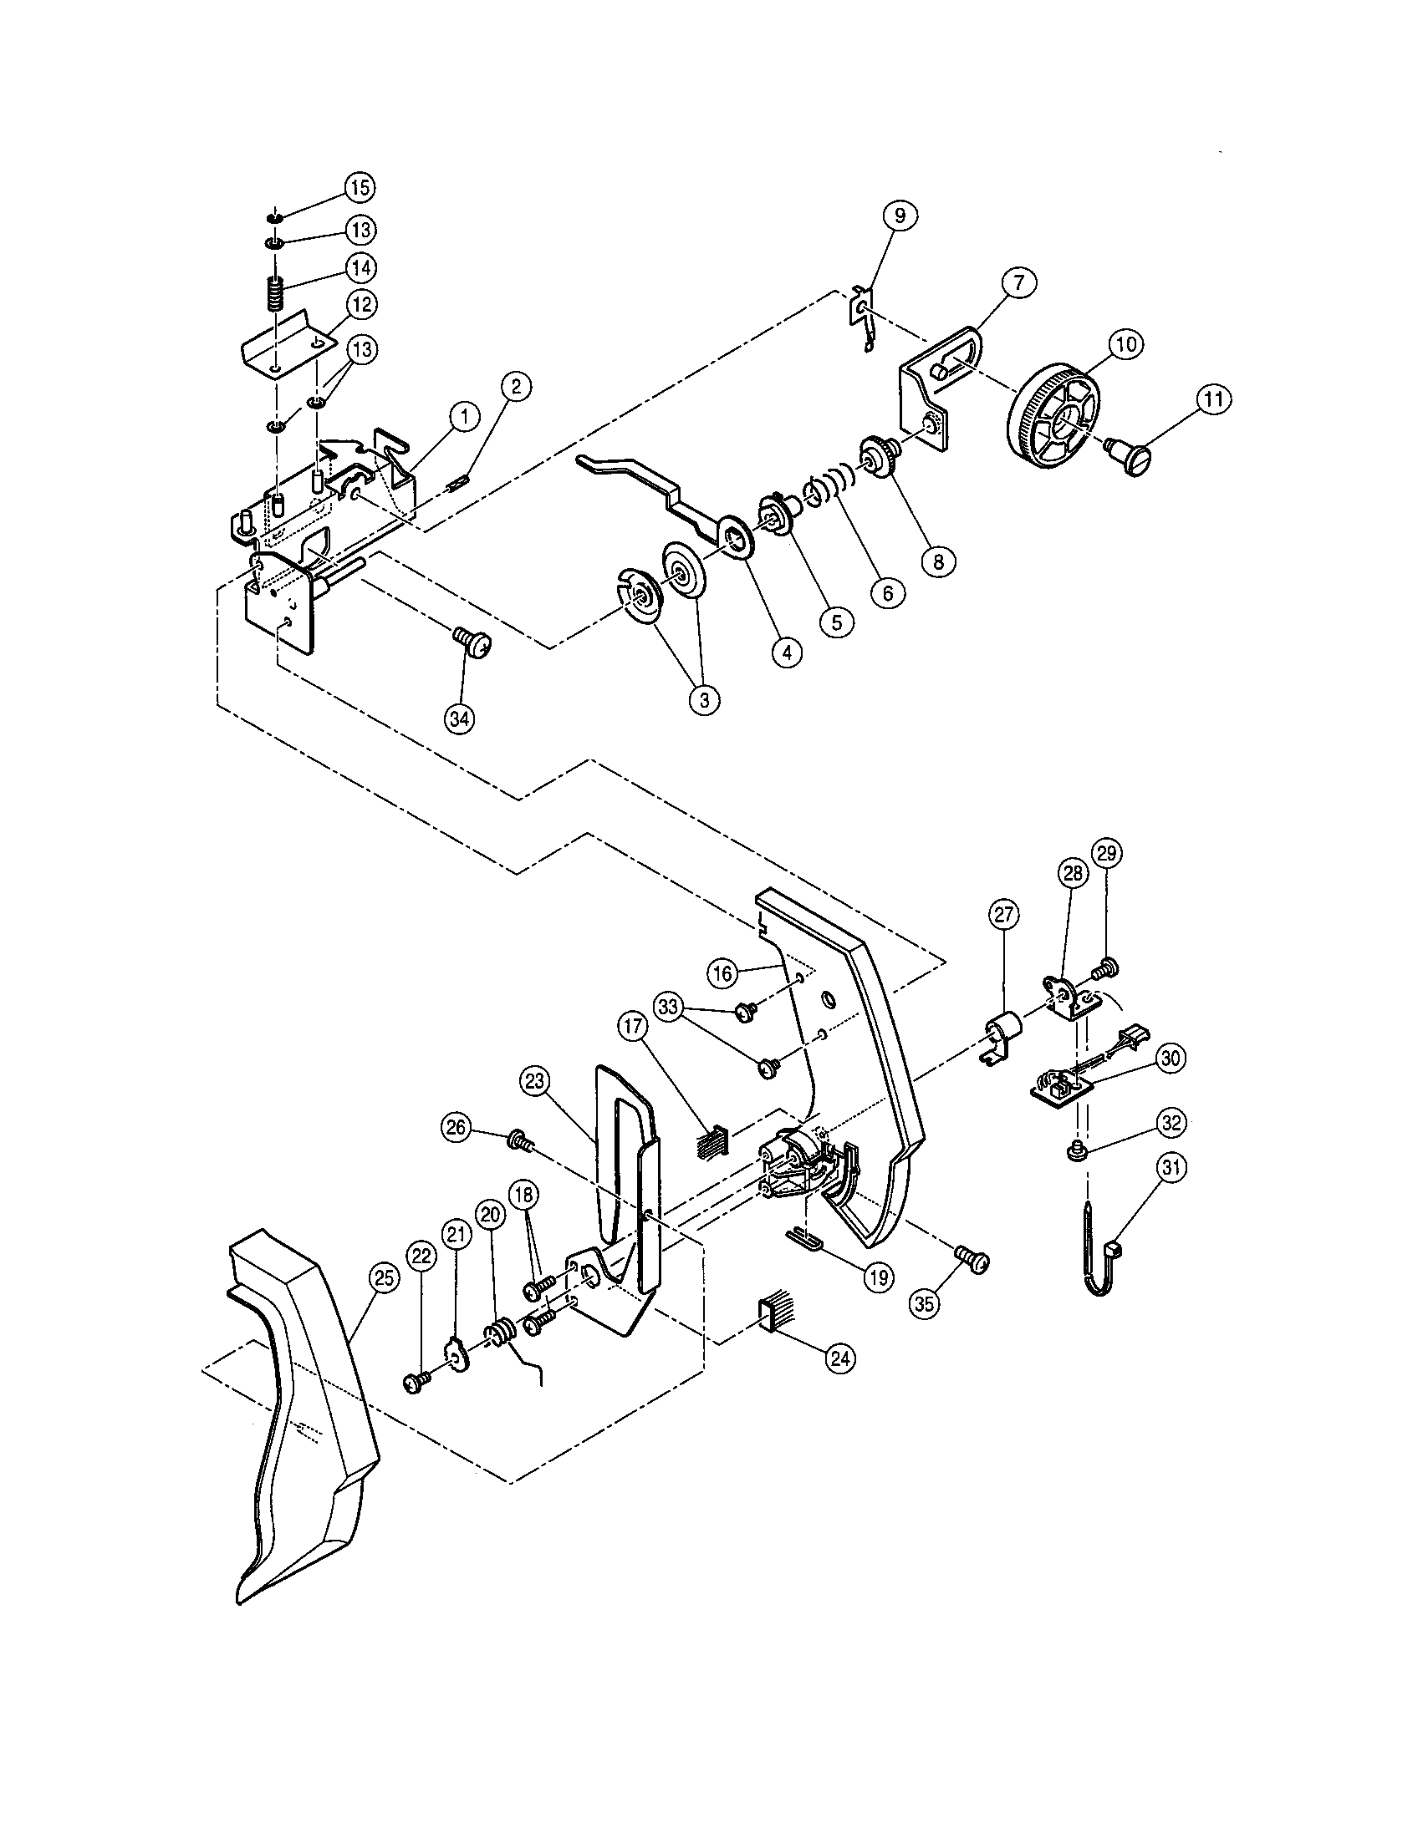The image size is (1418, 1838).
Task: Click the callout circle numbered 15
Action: click(x=359, y=188)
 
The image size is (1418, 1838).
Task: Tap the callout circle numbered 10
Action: click(x=1127, y=343)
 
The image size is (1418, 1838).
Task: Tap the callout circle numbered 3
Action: click(x=704, y=699)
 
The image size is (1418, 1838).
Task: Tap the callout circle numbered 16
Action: click(x=723, y=973)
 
